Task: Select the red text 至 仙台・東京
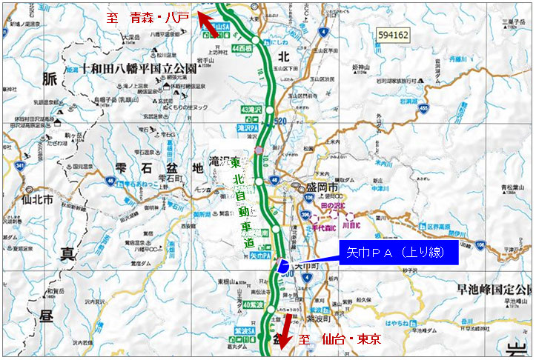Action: coord(340,339)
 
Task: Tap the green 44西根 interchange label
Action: coord(242,48)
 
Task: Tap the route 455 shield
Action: coord(423,110)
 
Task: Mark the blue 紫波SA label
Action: coord(252,330)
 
